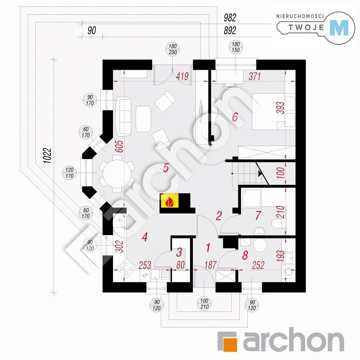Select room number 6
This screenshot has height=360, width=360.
coord(235,117)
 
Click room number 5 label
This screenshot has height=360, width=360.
coord(166,168)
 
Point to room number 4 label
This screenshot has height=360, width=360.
coord(144,237)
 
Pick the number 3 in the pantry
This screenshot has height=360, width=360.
coord(179,252)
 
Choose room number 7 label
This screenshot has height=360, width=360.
coord(258,215)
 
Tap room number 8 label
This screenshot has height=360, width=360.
coord(245,255)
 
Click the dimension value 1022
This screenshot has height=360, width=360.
coord(47,156)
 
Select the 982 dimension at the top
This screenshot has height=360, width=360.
coord(230,18)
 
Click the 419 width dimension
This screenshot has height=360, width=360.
coord(182,76)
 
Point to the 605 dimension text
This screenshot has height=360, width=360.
coord(119,146)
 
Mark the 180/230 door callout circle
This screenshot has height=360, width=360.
coord(173,49)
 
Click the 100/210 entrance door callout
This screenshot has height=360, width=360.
coord(204,304)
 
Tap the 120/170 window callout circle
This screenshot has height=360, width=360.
coord(70,173)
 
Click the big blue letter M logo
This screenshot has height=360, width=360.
coord(339,28)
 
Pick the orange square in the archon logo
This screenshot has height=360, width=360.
coord(230,343)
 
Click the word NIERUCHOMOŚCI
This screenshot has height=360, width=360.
coord(300,16)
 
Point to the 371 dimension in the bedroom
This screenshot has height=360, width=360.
coord(255,76)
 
